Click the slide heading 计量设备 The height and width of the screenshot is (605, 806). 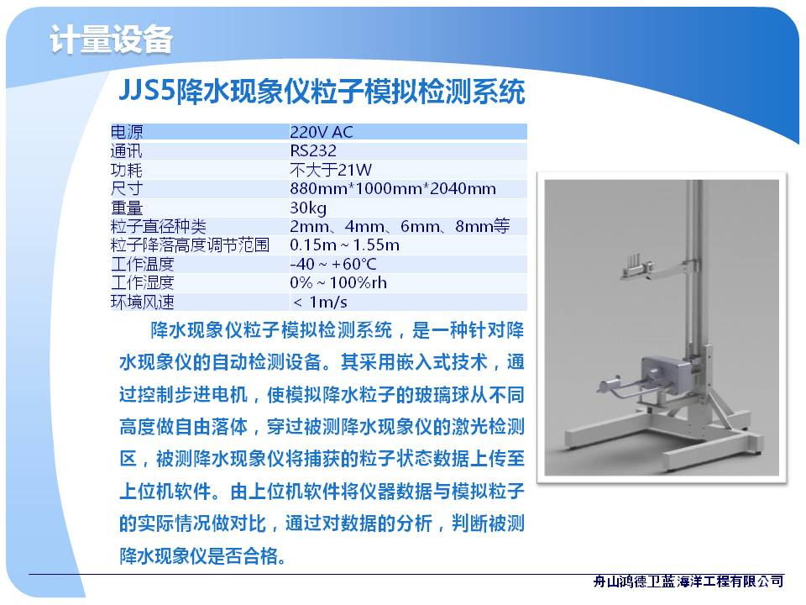(x=111, y=39)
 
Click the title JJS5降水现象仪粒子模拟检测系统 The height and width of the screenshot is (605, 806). (x=322, y=92)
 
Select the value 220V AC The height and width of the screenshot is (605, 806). (x=322, y=132)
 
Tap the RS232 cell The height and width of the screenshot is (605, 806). (x=313, y=150)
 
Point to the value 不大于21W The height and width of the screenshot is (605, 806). (x=331, y=170)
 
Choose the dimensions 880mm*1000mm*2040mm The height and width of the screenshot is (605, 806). (x=393, y=189)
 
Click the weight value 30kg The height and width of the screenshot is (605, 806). (x=308, y=208)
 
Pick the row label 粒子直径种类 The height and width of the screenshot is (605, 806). (x=159, y=226)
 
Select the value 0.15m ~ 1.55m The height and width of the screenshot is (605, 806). (x=344, y=245)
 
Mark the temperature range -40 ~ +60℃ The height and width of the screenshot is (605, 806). (x=333, y=265)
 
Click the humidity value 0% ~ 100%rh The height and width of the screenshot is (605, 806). (x=338, y=283)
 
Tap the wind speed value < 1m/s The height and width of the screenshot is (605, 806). (x=320, y=302)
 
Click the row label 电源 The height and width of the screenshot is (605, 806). (x=127, y=132)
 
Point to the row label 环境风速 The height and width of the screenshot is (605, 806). (x=143, y=302)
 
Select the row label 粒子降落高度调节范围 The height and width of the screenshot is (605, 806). (x=191, y=245)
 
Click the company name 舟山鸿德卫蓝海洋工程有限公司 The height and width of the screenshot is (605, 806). (x=688, y=581)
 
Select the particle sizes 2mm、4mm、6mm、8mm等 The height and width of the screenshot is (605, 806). (x=400, y=226)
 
